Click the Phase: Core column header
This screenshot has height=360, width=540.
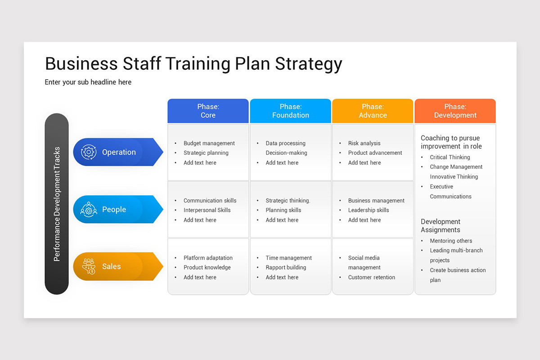208,111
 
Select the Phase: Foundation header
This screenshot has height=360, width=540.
290,111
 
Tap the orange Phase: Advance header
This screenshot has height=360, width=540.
373,111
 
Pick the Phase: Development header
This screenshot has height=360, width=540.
455,111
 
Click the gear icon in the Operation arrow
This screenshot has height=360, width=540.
89,152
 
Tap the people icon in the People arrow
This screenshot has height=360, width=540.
89,209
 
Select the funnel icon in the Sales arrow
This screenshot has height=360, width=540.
89,266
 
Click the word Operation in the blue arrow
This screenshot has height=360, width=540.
119,152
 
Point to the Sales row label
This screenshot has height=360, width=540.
111,266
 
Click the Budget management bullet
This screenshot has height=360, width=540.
209,143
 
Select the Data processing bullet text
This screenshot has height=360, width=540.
285,143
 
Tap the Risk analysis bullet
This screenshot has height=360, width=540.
364,143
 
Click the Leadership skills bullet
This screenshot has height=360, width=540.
369,210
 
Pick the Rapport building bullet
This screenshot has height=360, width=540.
286,267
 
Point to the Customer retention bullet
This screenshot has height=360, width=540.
371,277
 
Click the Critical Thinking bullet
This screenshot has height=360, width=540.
450,157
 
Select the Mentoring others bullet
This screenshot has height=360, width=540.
451,241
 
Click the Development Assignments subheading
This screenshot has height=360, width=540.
441,225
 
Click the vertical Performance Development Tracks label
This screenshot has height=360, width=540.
57,204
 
